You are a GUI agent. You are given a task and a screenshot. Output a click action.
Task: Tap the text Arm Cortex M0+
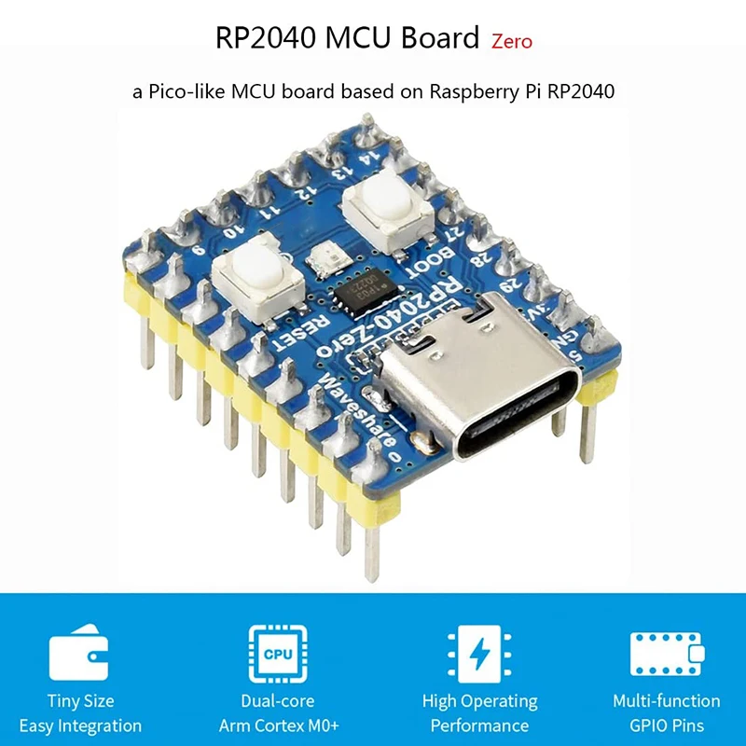click(x=279, y=725)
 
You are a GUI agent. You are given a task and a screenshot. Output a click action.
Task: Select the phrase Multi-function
click(x=666, y=701)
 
